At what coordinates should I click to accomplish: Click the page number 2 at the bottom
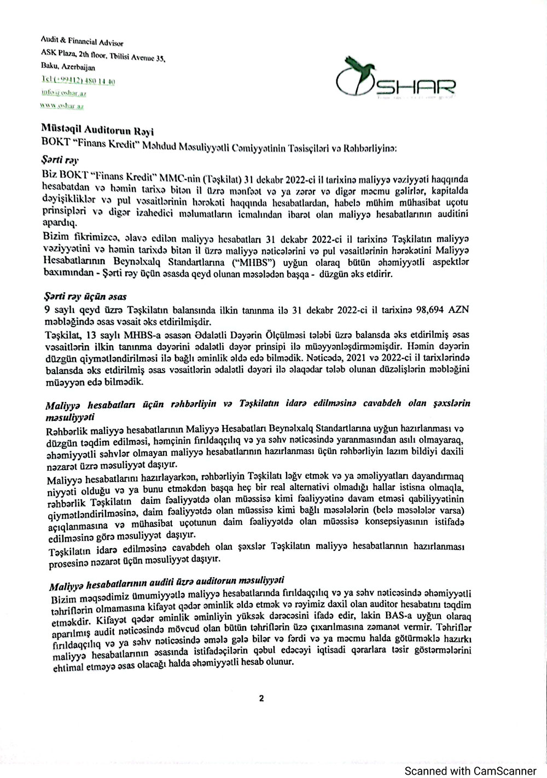(x=261, y=698)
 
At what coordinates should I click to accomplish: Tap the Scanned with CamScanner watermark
(x=470, y=770)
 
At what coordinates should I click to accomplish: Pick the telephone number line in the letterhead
(x=78, y=81)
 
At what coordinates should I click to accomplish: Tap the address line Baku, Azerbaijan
(x=68, y=68)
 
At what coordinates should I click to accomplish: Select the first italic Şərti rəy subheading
(x=60, y=161)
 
